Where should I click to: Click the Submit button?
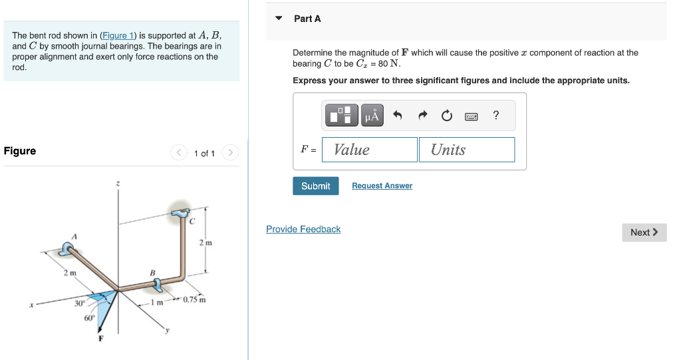(315, 186)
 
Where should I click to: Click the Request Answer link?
(382, 186)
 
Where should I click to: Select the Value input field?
(370, 150)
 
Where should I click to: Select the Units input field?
(467, 150)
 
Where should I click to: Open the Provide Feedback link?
(303, 229)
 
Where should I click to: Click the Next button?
(644, 232)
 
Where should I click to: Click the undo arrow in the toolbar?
(398, 116)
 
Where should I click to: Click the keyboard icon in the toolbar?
(472, 116)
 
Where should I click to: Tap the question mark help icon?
(496, 116)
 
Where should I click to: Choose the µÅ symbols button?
(372, 116)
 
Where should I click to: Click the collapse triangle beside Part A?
(279, 19)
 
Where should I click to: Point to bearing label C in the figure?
(191, 222)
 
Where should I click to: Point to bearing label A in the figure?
(75, 236)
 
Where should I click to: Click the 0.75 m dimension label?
(194, 300)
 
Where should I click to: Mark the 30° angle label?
(79, 303)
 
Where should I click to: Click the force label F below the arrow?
(101, 337)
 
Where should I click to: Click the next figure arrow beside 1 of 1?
(230, 153)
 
